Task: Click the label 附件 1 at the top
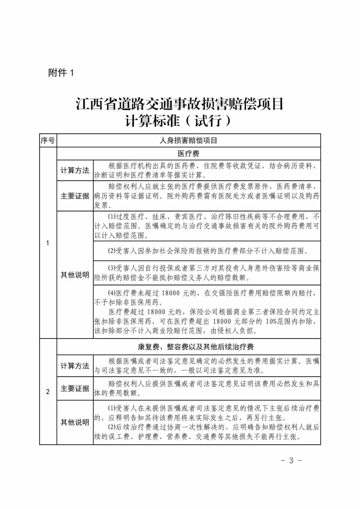tap(61, 73)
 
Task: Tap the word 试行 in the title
tap(208, 121)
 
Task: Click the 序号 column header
tap(48, 140)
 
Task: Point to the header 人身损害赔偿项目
tap(188, 140)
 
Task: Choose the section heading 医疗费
tap(188, 154)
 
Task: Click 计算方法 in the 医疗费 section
tap(75, 170)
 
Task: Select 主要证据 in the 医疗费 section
tap(75, 196)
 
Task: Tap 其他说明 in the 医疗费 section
tap(75, 275)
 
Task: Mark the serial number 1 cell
tap(48, 243)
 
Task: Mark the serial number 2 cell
tap(48, 392)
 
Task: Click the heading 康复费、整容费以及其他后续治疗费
tap(196, 347)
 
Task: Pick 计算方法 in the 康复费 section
tap(75, 366)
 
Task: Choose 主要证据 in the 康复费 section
tap(75, 389)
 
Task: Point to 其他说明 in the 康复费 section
tap(75, 422)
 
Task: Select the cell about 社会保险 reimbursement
tap(207, 251)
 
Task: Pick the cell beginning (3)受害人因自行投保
tap(207, 273)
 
